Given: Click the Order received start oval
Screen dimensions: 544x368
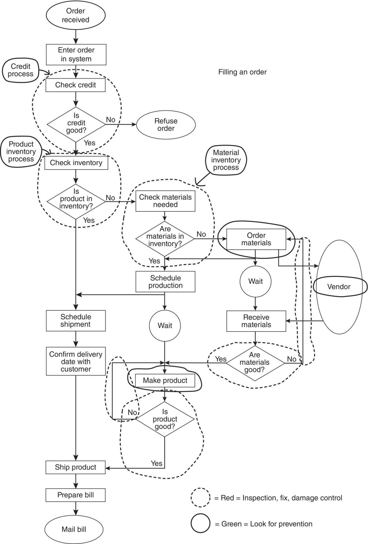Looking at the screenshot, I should pyautogui.click(x=76, y=15).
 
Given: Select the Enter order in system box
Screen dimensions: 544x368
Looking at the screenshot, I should pyautogui.click(x=76, y=54).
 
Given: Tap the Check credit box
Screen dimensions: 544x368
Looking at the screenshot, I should pyautogui.click(x=76, y=85).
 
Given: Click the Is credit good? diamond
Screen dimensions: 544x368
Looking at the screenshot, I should pyautogui.click(x=76, y=124).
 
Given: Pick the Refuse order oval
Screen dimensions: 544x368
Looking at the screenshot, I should pyautogui.click(x=166, y=125).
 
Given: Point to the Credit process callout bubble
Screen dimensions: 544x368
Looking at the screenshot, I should pyautogui.click(x=20, y=70).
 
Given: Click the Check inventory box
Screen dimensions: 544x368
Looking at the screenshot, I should pyautogui.click(x=76, y=163).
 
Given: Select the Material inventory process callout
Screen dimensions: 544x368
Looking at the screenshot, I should pyautogui.click(x=226, y=160).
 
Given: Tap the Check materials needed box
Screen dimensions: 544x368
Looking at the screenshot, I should pyautogui.click(x=165, y=201).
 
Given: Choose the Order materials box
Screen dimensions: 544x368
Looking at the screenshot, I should pyautogui.click(x=256, y=239).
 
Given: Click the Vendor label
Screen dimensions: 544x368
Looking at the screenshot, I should pyautogui.click(x=339, y=287).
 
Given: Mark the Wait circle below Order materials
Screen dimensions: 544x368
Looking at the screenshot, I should pyautogui.click(x=255, y=281).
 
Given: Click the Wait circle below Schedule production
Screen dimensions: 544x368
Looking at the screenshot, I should pyautogui.click(x=165, y=326).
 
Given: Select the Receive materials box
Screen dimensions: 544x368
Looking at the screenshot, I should pyautogui.click(x=256, y=321).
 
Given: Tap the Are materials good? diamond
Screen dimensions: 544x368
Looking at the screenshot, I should pyautogui.click(x=255, y=362).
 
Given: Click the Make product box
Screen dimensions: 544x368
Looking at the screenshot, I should pyautogui.click(x=165, y=380).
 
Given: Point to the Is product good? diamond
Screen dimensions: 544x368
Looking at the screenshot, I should pyautogui.click(x=165, y=419).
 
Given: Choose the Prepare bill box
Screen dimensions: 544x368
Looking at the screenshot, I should pyautogui.click(x=76, y=495).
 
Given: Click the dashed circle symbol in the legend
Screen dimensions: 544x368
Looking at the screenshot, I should pyautogui.click(x=200, y=498).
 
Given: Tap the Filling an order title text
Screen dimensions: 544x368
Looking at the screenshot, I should pyautogui.click(x=242, y=72).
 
